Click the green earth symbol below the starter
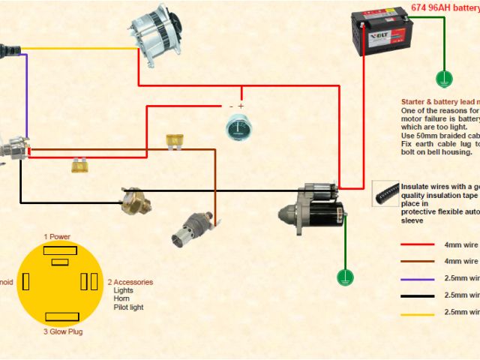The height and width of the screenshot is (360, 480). click(346, 277)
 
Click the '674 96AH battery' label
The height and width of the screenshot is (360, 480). click(443, 7)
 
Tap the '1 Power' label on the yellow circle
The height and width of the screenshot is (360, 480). click(57, 237)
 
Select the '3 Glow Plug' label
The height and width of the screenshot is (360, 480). click(57, 330)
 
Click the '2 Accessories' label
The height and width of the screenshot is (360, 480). click(130, 283)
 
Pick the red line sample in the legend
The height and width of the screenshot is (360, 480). click(417, 244)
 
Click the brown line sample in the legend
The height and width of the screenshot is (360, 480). click(417, 262)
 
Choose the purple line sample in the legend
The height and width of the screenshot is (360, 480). click(417, 279)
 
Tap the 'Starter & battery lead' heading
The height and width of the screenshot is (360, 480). click(439, 101)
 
